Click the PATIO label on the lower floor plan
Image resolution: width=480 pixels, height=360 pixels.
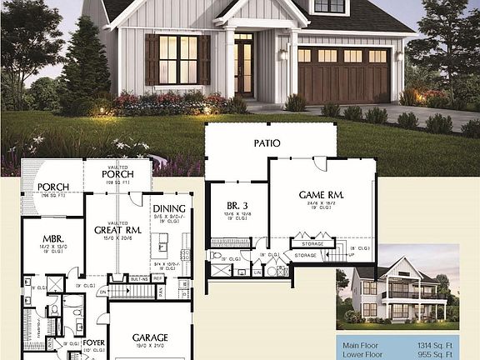(x=267, y=143)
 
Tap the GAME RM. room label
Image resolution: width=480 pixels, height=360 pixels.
(x=322, y=194)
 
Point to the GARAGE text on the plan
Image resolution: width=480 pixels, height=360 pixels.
(x=150, y=337)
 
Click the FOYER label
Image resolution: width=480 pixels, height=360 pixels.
(x=93, y=342)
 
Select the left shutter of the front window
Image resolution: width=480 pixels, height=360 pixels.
(x=152, y=59)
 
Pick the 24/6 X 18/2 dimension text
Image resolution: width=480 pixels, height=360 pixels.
(x=322, y=202)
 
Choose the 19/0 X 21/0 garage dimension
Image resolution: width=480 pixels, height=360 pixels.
(x=150, y=346)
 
